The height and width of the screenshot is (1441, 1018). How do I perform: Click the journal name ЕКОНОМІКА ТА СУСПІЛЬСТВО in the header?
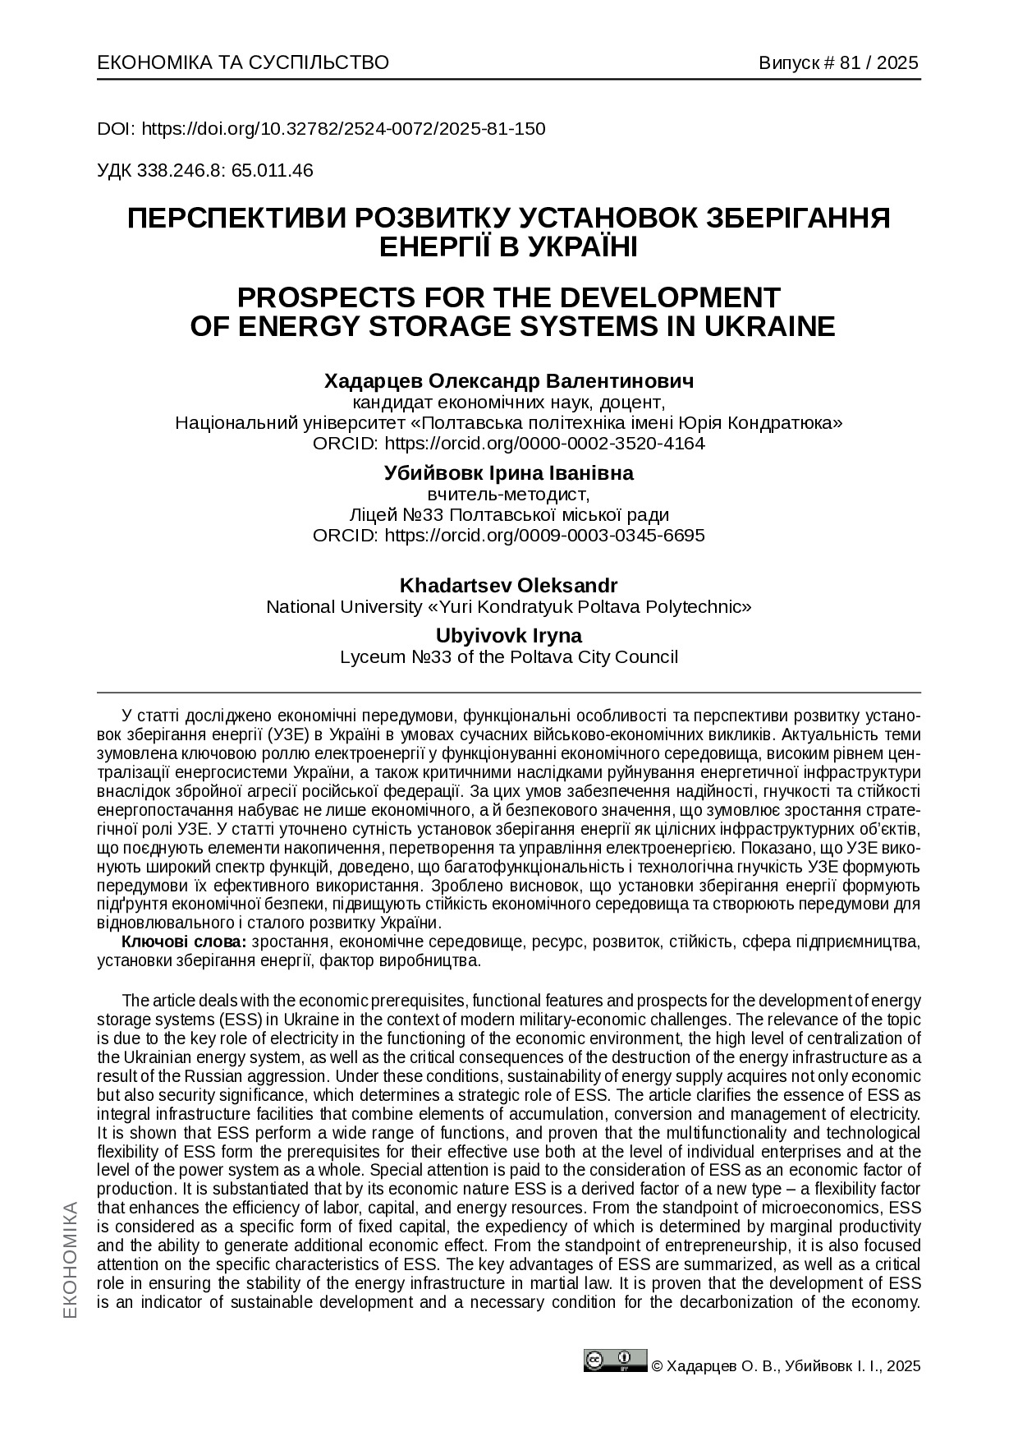243,63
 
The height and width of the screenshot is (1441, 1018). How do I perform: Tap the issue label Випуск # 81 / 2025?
838,63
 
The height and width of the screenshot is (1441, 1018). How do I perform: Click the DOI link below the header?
343,129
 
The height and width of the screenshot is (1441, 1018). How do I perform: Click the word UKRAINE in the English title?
767,326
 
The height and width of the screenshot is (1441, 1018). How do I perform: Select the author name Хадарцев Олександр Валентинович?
509,381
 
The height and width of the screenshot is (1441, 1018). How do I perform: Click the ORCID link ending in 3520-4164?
544,444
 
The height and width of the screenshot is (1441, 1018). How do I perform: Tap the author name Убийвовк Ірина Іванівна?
509,473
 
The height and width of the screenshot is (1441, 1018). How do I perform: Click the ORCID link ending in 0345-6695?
544,536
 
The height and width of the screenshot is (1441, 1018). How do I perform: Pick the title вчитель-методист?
509,495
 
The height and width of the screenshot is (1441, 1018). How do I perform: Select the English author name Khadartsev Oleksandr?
509,586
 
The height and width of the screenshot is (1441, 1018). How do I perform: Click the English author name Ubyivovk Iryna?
509,636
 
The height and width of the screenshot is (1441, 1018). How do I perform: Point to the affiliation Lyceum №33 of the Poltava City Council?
509,657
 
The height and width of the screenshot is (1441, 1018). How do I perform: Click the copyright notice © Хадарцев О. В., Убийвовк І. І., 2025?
786,1366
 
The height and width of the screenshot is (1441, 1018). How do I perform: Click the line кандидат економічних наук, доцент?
509,403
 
